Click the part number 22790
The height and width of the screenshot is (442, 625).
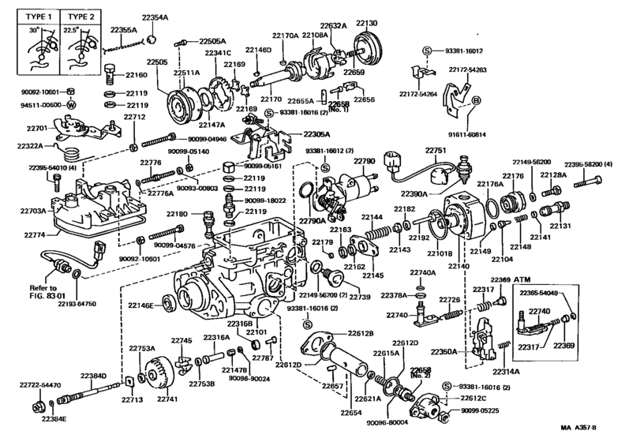pyautogui.click(x=364, y=160)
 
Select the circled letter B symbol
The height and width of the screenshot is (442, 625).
pyautogui.click(x=476, y=100)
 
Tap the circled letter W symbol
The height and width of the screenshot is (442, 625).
pyautogui.click(x=70, y=104)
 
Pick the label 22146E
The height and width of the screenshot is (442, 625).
pyautogui.click(x=139, y=303)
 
